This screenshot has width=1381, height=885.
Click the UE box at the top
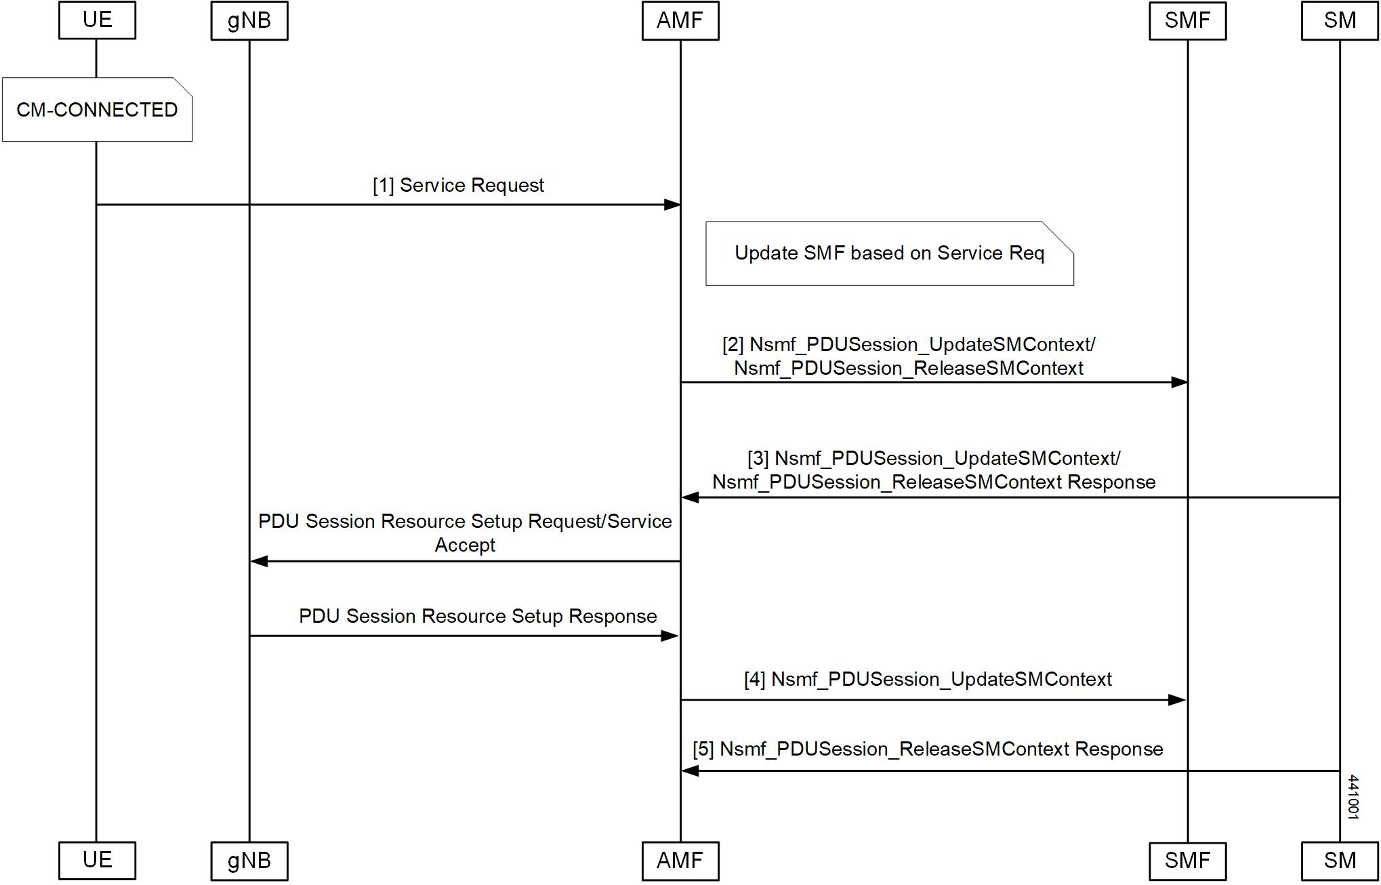[97, 20]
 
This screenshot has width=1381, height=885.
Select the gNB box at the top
[249, 21]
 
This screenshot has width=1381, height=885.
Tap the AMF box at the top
[680, 21]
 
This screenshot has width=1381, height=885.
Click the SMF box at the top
[1187, 21]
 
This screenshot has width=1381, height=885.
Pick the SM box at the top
[1340, 21]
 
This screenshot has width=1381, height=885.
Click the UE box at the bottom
[97, 861]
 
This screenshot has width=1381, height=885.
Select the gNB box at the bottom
[249, 861]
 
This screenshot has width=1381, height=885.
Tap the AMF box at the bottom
[680, 861]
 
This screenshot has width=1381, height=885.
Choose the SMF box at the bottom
[1187, 861]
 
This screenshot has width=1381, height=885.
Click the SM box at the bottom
[1340, 861]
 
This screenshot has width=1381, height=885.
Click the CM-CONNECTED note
[97, 110]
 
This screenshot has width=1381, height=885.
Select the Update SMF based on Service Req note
[889, 253]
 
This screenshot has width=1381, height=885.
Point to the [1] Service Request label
[458, 186]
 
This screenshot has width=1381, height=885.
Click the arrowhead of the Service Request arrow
[672, 205]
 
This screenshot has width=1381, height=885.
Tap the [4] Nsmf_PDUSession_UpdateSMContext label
[928, 680]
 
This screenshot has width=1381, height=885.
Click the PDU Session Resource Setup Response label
[478, 617]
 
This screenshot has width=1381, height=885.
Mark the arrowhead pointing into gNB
[259, 561]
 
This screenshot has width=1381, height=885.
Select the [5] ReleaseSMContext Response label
[928, 749]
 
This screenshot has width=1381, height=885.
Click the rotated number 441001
[1353, 798]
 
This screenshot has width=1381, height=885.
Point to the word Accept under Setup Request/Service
[465, 546]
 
